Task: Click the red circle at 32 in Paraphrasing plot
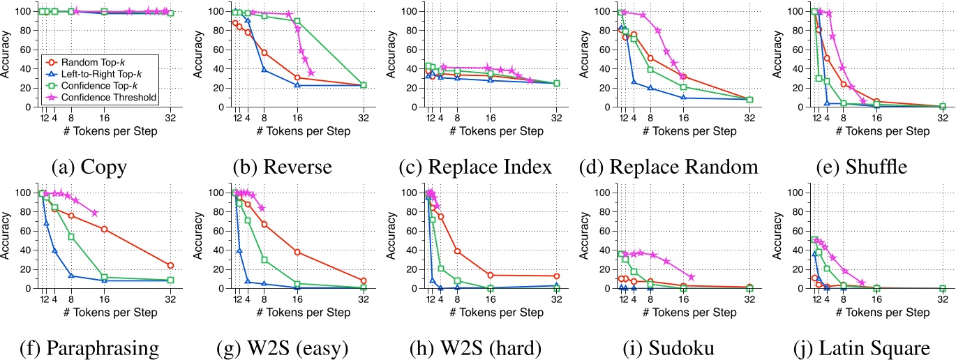tap(170, 265)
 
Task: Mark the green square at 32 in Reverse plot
tap(364, 85)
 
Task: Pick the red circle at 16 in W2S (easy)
tap(297, 252)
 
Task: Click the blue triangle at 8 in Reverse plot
tap(264, 70)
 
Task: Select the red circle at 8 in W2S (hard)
tap(457, 251)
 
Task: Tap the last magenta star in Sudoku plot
tap(691, 277)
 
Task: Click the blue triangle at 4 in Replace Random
tap(634, 82)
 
